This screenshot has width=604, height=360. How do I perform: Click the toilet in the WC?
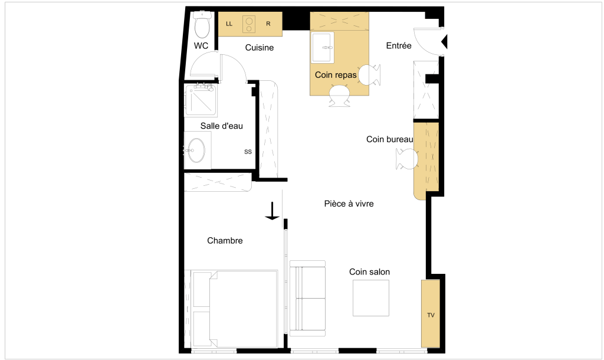[202, 24]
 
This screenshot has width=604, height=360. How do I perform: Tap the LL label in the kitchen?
[229, 24]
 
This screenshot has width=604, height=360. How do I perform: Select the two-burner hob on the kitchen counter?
[250, 25]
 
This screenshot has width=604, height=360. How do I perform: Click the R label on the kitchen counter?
[268, 24]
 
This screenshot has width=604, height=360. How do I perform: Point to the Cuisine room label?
[260, 48]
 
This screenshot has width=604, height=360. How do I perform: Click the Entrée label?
[399, 45]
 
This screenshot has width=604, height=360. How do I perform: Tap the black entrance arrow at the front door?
[444, 42]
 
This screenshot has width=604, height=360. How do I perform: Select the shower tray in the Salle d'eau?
[201, 100]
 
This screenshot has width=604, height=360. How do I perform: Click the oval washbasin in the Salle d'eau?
[196, 150]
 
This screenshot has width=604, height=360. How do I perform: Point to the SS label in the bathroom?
[248, 152]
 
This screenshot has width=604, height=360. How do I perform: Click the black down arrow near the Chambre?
[273, 211]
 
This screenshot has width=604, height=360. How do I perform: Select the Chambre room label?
[225, 241]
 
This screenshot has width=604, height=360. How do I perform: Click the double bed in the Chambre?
[235, 309]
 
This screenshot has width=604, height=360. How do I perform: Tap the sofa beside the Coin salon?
[307, 299]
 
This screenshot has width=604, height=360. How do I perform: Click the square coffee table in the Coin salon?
[371, 298]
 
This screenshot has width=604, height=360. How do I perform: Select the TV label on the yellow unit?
[431, 315]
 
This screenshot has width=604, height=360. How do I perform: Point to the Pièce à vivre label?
[349, 204]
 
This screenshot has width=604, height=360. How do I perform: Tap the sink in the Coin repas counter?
[323, 47]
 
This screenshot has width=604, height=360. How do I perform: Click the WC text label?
[201, 46]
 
